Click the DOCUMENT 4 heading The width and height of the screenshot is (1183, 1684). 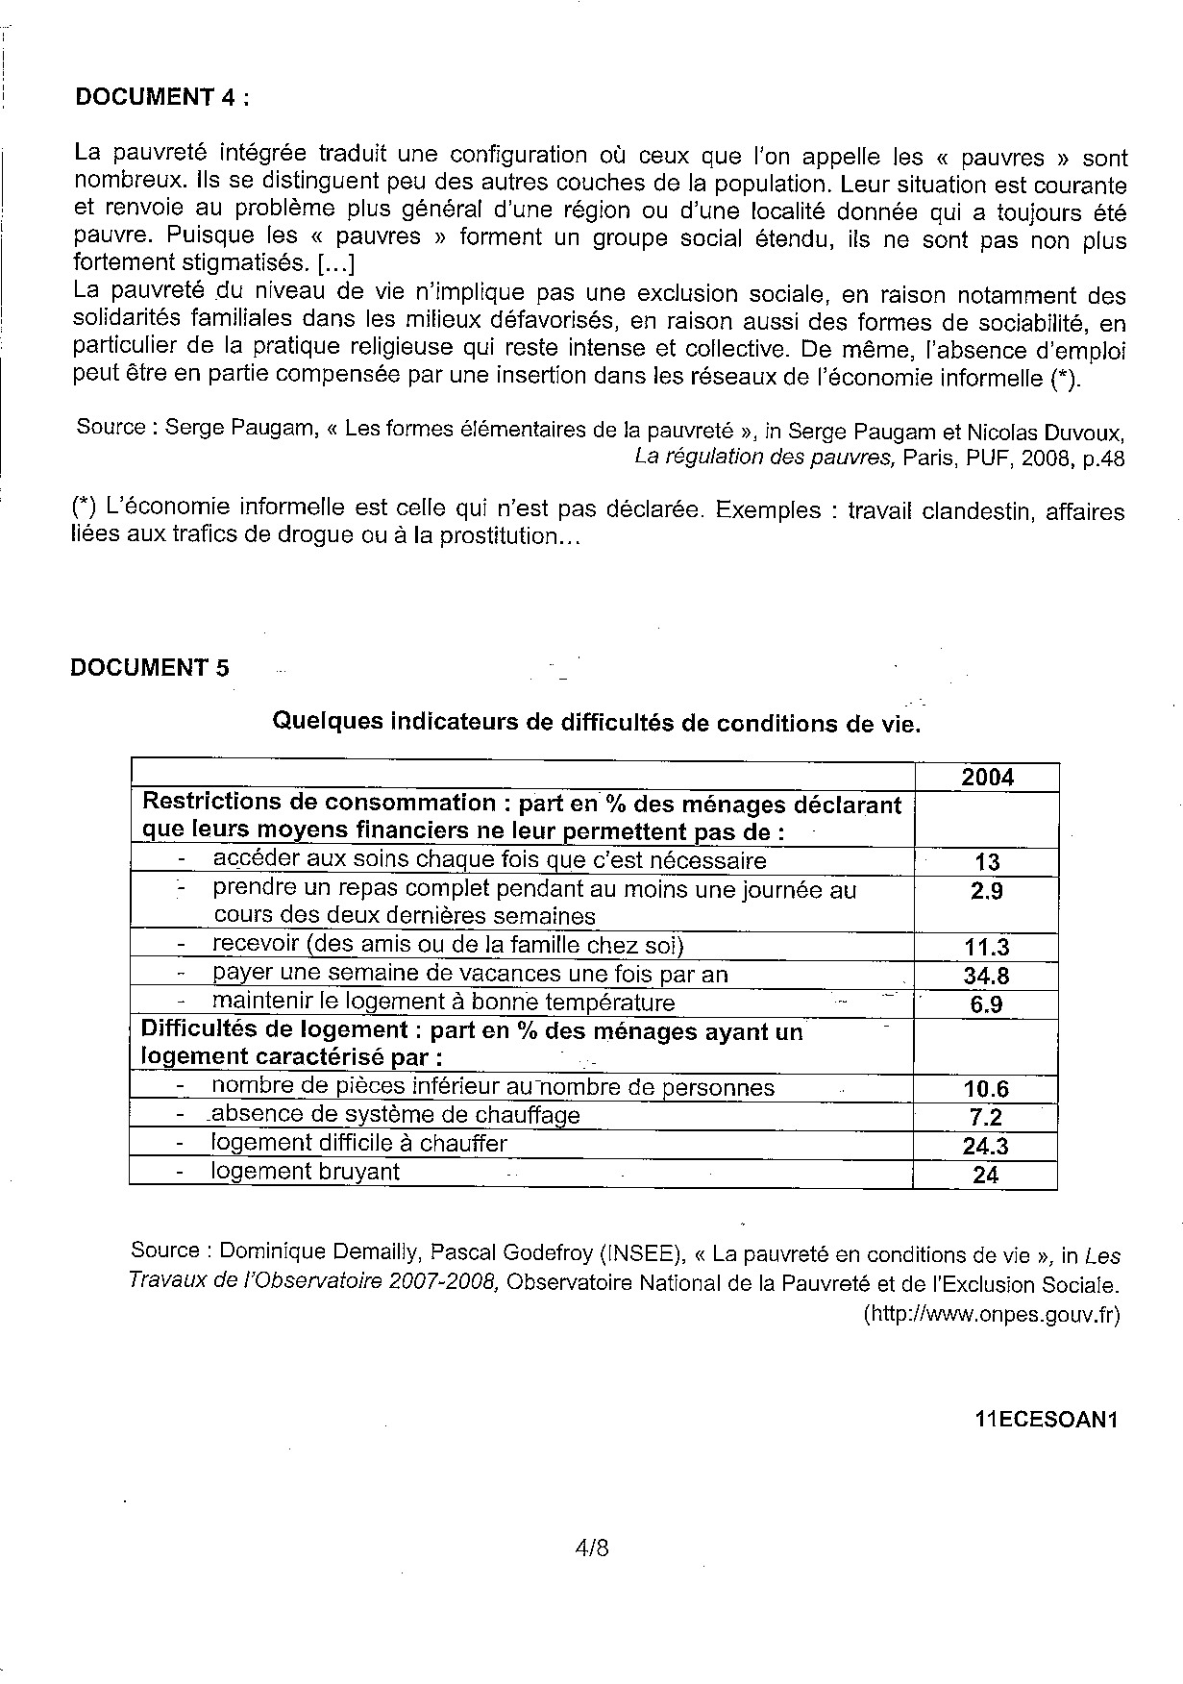[161, 97]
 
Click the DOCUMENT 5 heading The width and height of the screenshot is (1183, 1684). [150, 668]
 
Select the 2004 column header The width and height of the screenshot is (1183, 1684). [987, 778]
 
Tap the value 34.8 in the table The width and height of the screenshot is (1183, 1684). [986, 977]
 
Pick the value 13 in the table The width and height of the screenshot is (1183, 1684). [987, 862]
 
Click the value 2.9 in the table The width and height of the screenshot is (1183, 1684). [987, 891]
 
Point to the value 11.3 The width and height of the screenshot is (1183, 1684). [987, 948]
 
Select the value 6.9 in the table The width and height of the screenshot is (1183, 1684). [987, 1005]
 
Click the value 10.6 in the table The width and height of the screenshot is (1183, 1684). [986, 1089]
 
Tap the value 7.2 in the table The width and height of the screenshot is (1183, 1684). [986, 1118]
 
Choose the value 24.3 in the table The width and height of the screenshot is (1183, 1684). [986, 1146]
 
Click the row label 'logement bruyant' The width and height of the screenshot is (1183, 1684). [306, 1172]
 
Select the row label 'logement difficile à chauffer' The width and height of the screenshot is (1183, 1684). [358, 1144]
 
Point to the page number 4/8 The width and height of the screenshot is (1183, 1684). [591, 1548]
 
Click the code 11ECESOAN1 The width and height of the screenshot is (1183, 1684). [1047, 1422]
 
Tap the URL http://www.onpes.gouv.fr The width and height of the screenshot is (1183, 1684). [992, 1315]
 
